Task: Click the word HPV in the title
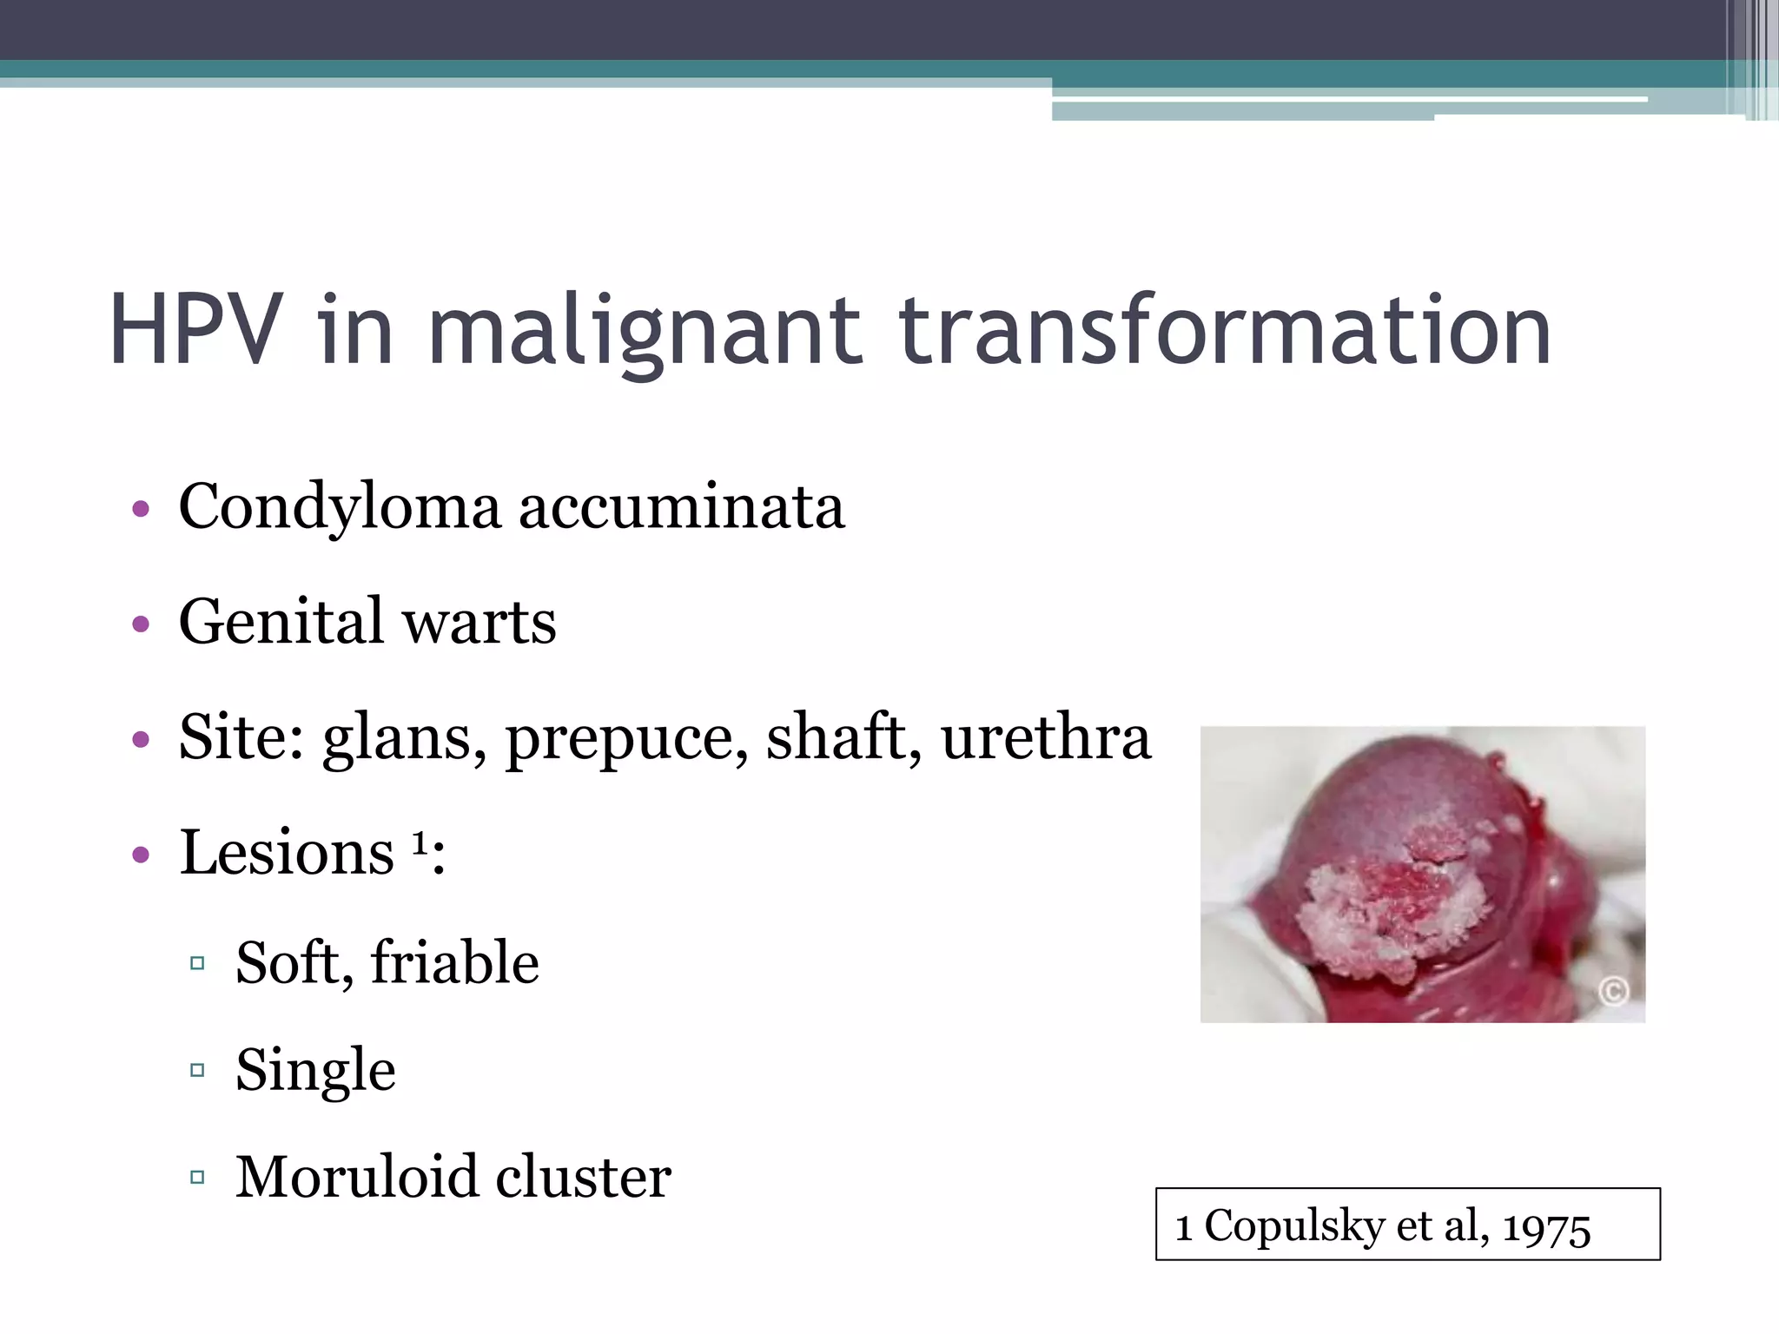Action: point(196,330)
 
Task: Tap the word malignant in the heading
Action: point(645,330)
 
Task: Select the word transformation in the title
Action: point(1224,330)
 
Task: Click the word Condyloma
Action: point(340,507)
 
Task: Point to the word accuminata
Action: point(681,507)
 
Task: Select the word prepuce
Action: point(626,738)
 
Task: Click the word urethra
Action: point(1046,738)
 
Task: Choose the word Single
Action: point(315,1070)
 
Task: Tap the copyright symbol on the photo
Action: point(1613,990)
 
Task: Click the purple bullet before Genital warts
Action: point(141,624)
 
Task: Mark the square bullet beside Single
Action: point(197,1070)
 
